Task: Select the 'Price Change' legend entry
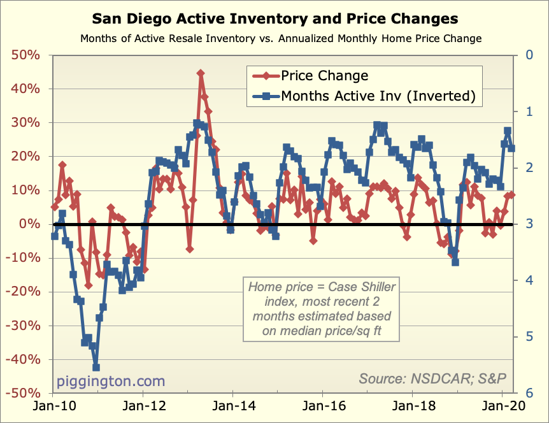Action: coord(325,76)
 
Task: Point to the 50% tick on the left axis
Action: coord(26,55)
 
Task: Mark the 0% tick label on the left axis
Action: coord(31,224)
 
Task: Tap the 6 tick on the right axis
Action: coord(527,393)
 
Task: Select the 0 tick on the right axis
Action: coord(527,55)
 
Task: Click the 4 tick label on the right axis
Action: coord(527,280)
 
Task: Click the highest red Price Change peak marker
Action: coord(201,73)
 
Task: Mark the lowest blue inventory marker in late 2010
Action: coord(96,367)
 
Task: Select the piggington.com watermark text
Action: coord(111,381)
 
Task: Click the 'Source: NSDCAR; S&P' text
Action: coord(432,378)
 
